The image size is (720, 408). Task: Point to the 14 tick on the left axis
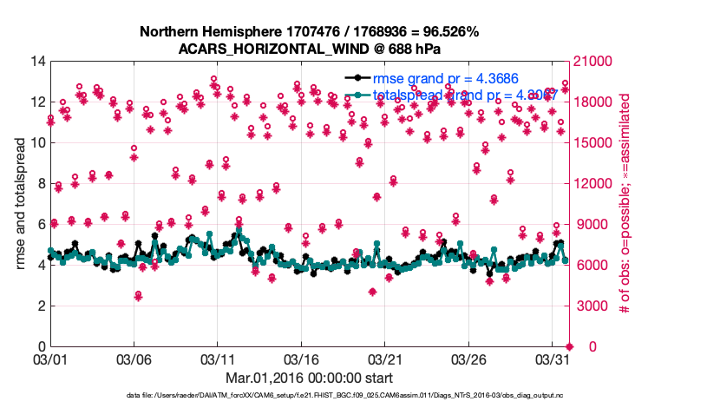point(37,62)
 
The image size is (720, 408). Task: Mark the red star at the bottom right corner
point(570,346)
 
